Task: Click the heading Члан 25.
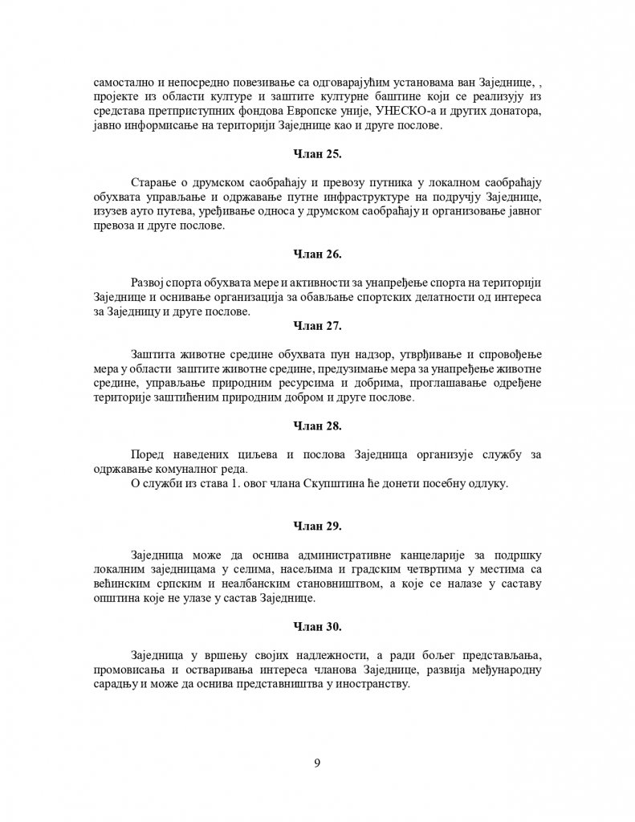(318, 153)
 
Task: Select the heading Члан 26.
(318, 254)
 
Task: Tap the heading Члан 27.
(318, 326)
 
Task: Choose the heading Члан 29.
(318, 527)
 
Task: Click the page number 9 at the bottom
(318, 763)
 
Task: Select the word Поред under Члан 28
(148, 455)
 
